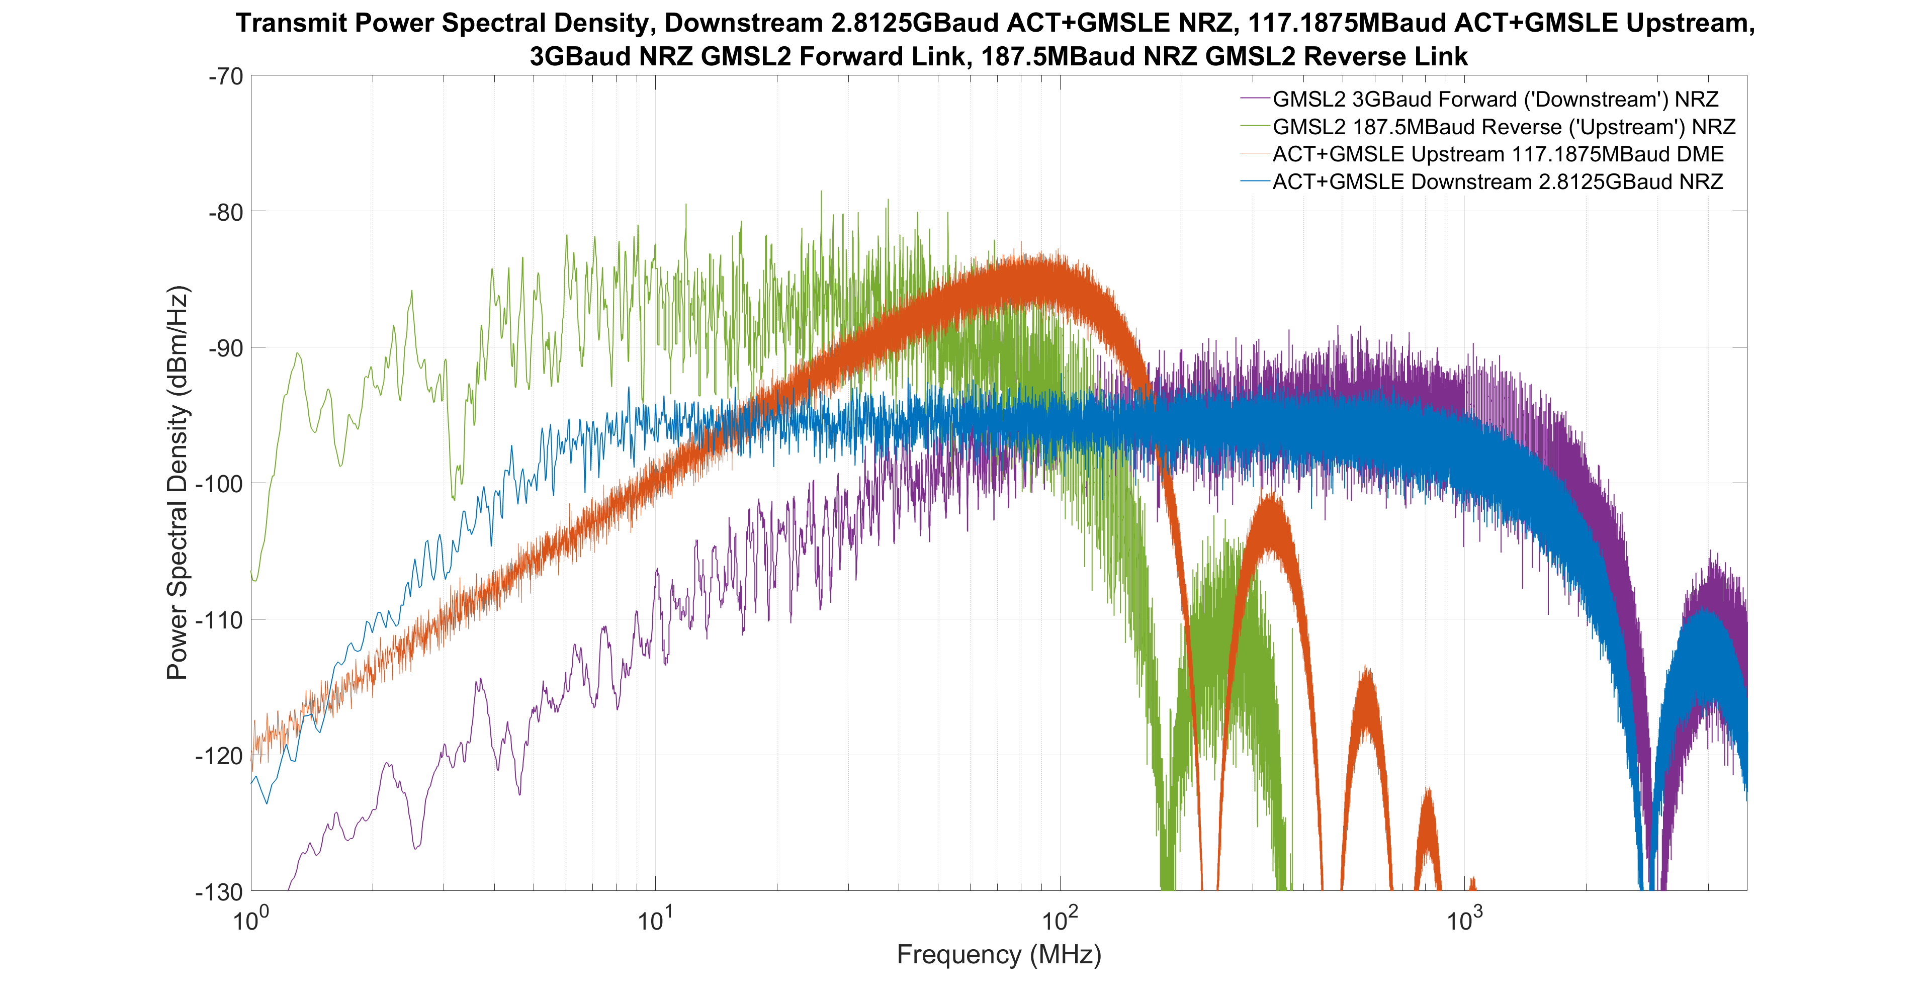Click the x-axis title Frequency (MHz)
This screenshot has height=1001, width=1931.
point(999,955)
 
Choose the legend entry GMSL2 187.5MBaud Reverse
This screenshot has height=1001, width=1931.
point(1504,127)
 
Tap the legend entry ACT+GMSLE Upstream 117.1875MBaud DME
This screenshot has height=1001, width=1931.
point(1498,155)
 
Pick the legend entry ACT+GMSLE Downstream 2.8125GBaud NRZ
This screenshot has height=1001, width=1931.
point(1498,182)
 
